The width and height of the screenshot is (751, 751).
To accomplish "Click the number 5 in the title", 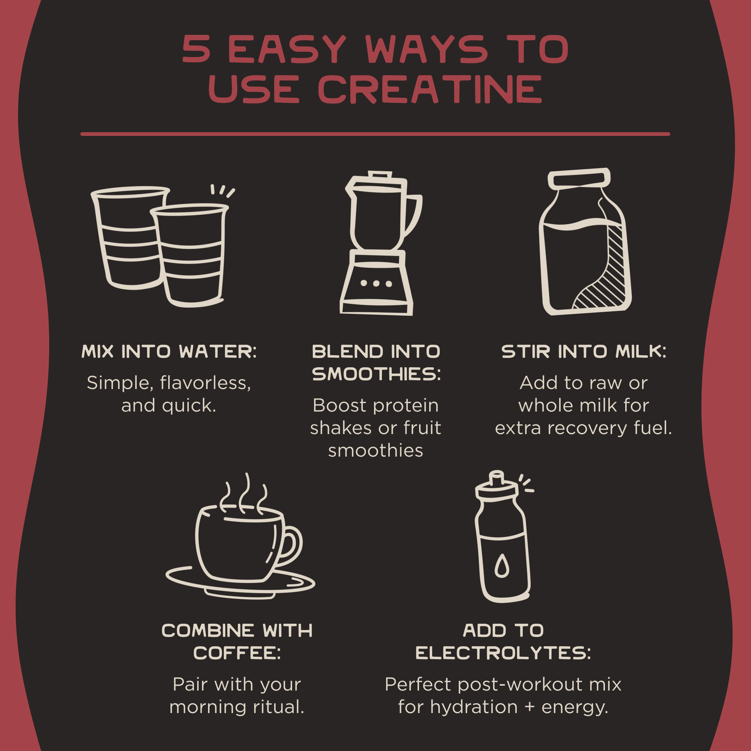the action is tap(196, 49).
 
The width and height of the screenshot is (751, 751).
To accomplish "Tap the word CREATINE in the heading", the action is tap(430, 89).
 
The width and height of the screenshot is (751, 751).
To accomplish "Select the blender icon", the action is tap(380, 243).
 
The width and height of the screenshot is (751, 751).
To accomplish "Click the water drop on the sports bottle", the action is tap(502, 566).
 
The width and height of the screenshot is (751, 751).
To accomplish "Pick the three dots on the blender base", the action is tap(376, 284).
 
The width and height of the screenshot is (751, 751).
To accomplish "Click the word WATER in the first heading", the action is tap(218, 351).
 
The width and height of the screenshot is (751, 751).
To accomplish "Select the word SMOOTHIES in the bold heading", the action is tap(376, 374).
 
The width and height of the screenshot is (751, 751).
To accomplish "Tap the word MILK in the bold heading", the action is tap(641, 351).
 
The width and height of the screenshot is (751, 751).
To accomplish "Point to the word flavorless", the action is tap(205, 383).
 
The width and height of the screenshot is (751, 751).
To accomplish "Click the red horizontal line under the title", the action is tap(375, 134).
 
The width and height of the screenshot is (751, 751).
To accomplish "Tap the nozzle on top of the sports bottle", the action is tap(496, 478).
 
